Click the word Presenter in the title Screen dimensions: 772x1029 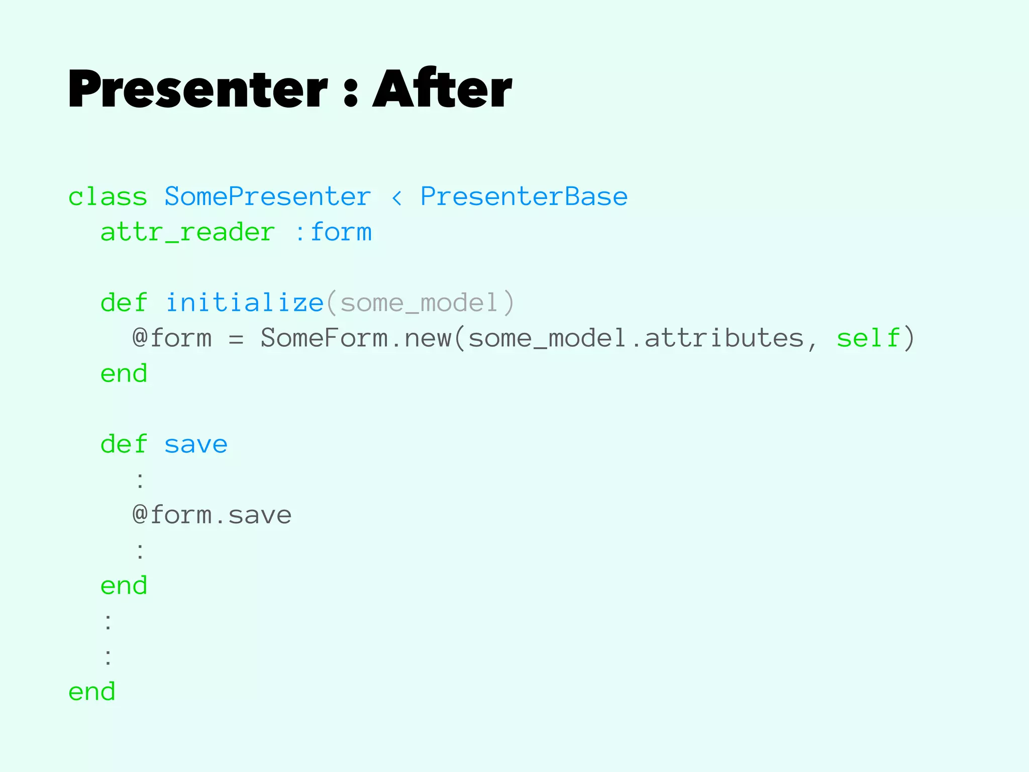pyautogui.click(x=197, y=89)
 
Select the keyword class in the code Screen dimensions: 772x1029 pyautogui.click(x=108, y=197)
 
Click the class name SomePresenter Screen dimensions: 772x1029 pyautogui.click(x=267, y=197)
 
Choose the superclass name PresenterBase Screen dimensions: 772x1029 pyautogui.click(x=524, y=197)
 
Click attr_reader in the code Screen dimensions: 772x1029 pyautogui.click(x=187, y=232)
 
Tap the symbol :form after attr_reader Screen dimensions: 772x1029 pyautogui.click(x=333, y=232)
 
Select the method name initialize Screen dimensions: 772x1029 pyautogui.click(x=244, y=303)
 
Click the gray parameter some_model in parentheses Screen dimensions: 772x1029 pyautogui.click(x=420, y=303)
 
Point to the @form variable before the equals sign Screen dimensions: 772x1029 pyautogui.click(x=172, y=338)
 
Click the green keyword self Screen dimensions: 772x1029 pyautogui.click(x=868, y=338)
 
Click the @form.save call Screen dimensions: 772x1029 pyautogui.click(x=212, y=515)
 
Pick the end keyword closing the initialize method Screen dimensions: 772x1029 pyautogui.click(x=124, y=374)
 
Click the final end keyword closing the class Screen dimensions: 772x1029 pyautogui.click(x=91, y=692)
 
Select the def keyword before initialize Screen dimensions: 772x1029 pyautogui.click(x=124, y=303)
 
